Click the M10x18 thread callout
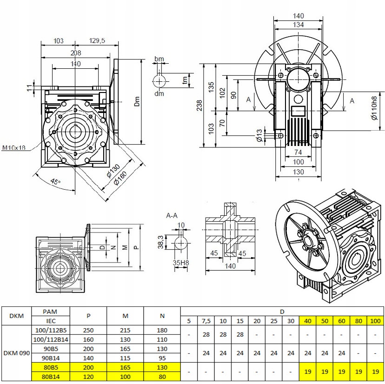coord(14,147)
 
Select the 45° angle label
coord(55,182)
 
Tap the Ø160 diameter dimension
coord(120,178)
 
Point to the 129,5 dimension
coord(97,40)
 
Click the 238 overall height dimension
coord(199,106)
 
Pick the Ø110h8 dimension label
coord(374,108)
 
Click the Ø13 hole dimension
coord(259,135)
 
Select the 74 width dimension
coord(298,152)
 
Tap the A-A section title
coord(172,216)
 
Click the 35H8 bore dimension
coord(181,263)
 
